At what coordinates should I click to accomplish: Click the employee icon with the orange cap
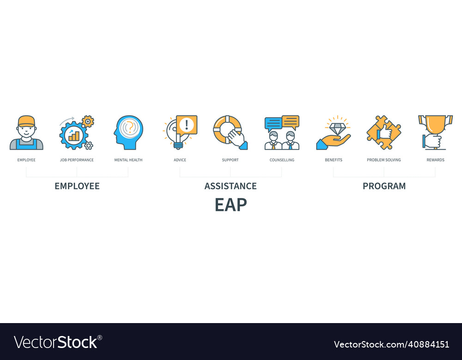[x=26, y=133]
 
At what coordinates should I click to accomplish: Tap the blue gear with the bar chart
[x=73, y=135]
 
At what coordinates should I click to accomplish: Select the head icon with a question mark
[x=129, y=132]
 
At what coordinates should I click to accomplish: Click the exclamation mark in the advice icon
[x=187, y=125]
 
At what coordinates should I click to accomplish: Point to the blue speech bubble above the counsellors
[x=273, y=123]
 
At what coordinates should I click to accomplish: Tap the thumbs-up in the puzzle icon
[x=384, y=132]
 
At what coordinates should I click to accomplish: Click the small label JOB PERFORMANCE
[x=77, y=160]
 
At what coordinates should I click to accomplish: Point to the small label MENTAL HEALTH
[x=128, y=160]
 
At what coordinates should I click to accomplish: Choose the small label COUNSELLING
[x=282, y=160]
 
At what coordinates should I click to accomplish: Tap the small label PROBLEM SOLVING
[x=384, y=160]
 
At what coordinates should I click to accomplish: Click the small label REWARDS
[x=435, y=160]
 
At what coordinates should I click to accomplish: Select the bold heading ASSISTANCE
[x=231, y=186]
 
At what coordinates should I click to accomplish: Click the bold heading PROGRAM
[x=384, y=186]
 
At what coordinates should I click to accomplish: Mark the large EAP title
[x=231, y=205]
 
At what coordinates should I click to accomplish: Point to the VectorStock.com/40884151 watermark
[x=391, y=344]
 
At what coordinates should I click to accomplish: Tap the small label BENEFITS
[x=334, y=160]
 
